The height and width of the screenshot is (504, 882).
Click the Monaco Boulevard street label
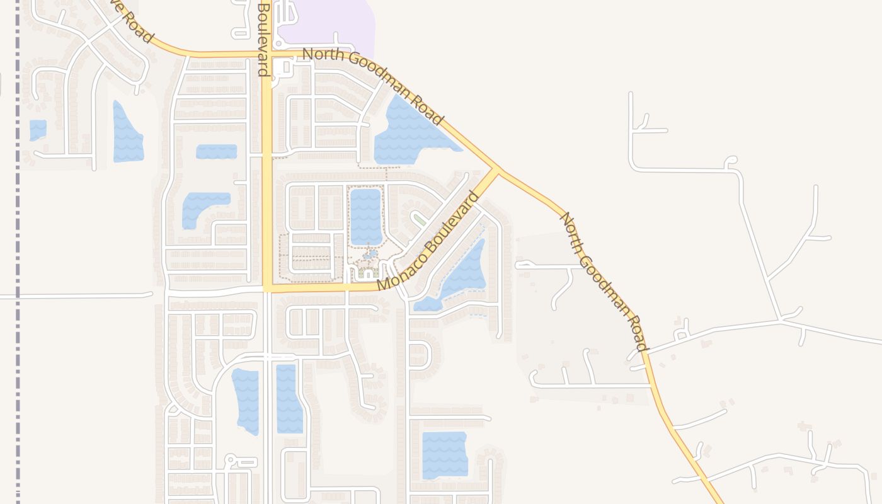[428, 241]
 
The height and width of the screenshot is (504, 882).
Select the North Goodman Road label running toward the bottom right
[603, 282]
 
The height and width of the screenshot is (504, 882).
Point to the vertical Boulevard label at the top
[263, 38]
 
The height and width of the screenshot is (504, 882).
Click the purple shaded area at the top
[328, 25]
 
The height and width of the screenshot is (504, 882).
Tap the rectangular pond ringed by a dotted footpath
[366, 216]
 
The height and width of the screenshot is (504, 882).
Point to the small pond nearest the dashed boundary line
[38, 130]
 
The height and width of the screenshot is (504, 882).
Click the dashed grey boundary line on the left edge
[18, 252]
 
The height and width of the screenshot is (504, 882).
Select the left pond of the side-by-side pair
[246, 401]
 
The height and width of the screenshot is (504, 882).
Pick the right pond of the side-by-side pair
[289, 398]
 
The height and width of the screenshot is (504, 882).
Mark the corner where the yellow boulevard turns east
[268, 288]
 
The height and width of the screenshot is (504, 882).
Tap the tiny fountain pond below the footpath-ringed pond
[370, 255]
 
